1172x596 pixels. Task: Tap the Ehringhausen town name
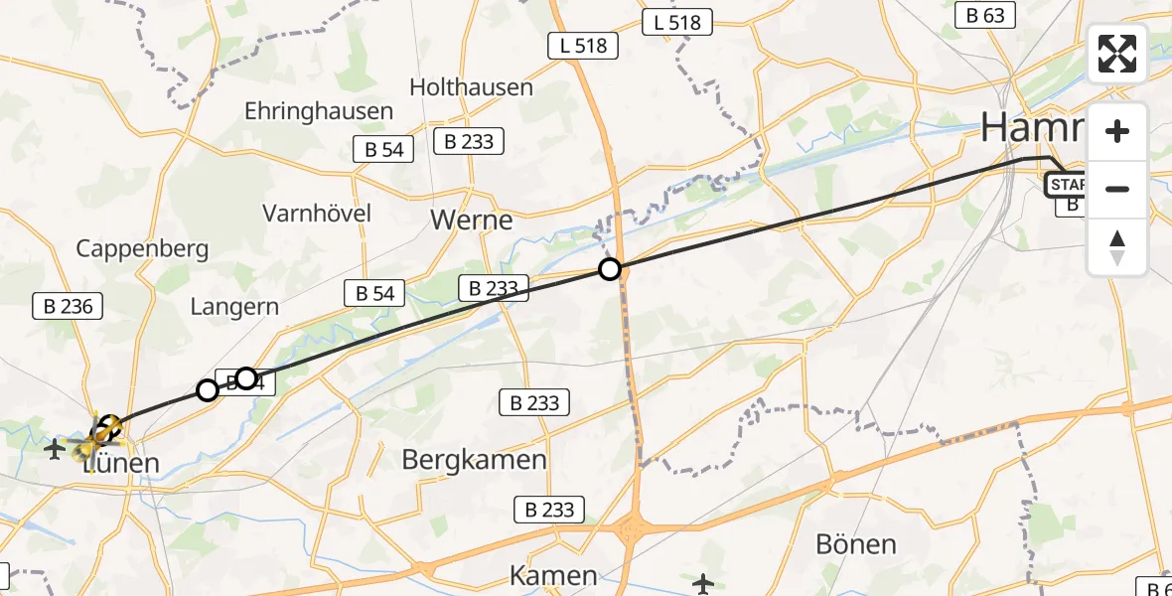[x=319, y=111]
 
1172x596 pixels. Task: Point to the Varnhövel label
[x=317, y=213]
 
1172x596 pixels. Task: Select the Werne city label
[x=472, y=220]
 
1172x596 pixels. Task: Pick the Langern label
[x=234, y=307]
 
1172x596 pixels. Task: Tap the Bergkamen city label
[x=475, y=460]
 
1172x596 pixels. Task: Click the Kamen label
[x=553, y=575]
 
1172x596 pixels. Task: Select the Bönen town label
[x=855, y=544]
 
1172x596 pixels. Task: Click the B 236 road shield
[x=69, y=306]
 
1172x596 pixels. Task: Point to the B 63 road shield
[x=985, y=15]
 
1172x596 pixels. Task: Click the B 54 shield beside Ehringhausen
[x=378, y=149]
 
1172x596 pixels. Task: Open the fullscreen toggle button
[x=1117, y=54]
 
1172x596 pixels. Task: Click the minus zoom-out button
[x=1117, y=189]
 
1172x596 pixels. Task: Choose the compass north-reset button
[x=1117, y=247]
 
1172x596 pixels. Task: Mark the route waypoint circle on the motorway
[x=610, y=269]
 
